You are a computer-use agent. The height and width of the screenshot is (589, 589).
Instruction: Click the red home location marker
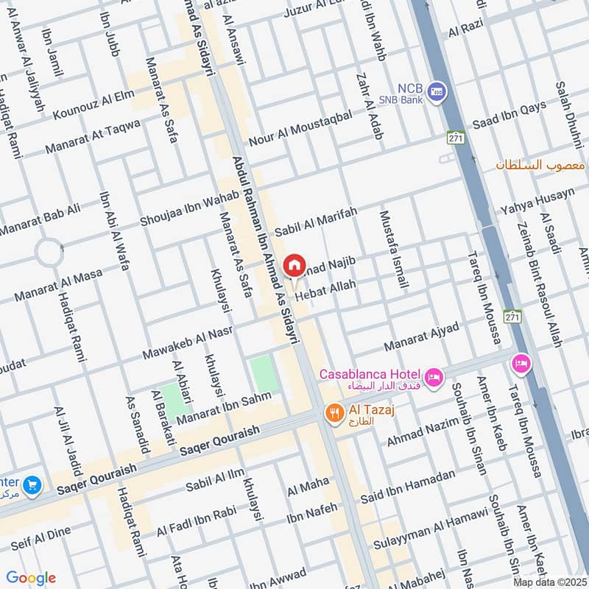pos(294,264)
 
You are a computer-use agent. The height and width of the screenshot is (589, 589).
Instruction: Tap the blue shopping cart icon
pos(31,484)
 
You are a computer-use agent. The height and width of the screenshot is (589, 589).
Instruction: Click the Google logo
pos(31,578)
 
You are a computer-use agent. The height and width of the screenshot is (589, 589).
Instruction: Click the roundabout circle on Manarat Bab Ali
pos(49,253)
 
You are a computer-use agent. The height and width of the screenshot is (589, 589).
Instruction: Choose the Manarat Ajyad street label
pos(421,336)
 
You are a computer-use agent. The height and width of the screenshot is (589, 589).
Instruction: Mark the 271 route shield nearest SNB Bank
pos(454,138)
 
